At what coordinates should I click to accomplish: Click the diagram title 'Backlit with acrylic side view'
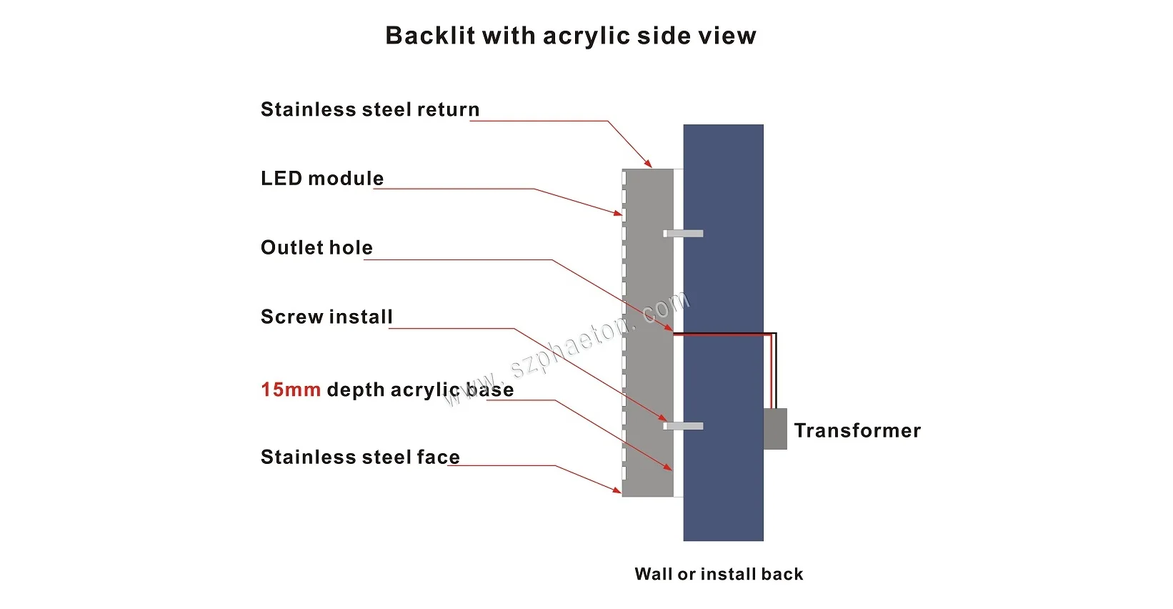(570, 36)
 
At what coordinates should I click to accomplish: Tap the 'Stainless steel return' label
(369, 109)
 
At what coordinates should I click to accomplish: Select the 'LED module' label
(321, 178)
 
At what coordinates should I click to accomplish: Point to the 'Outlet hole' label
(316, 247)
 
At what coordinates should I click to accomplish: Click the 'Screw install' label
(326, 317)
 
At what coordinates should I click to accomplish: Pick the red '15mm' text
(290, 390)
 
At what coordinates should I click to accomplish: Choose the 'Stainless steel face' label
(359, 457)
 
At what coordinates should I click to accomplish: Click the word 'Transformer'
(857, 430)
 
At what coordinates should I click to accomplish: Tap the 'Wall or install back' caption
(719, 574)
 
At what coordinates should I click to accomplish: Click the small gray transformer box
(775, 429)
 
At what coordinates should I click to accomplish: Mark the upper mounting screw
(684, 234)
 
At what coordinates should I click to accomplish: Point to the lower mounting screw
(684, 426)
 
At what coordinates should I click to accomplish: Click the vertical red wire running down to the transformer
(771, 372)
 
